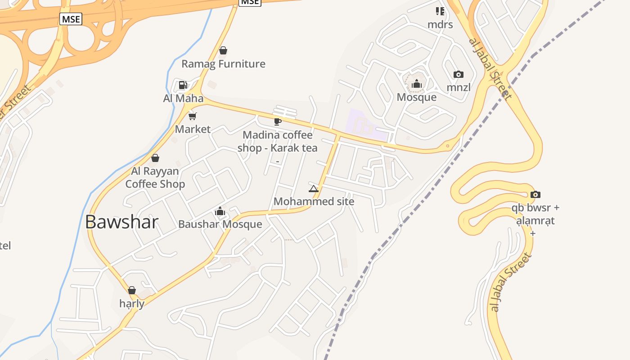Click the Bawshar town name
click(121, 222)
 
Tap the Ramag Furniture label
click(223, 64)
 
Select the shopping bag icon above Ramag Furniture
click(223, 50)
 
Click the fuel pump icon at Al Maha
click(183, 85)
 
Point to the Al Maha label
click(183, 98)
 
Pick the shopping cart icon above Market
click(193, 116)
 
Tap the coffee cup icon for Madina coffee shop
click(278, 121)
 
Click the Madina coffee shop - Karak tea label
click(277, 141)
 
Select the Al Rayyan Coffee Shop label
click(155, 177)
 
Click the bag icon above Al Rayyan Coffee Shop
click(155, 158)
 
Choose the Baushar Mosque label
click(220, 224)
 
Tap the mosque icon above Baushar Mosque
click(220, 211)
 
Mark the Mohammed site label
click(314, 201)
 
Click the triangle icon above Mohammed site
click(314, 189)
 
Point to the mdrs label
click(440, 24)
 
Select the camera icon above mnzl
click(459, 74)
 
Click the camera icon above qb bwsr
click(535, 194)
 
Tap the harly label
click(132, 303)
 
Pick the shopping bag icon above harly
click(132, 290)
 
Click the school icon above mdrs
click(440, 11)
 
